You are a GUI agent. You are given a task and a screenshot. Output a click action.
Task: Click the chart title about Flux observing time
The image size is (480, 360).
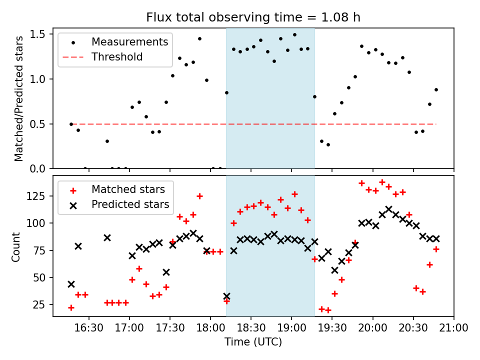point(253,17)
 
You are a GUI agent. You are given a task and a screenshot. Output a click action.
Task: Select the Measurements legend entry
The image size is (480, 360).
point(116,42)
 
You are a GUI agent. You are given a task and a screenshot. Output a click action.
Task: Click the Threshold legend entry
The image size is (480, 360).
point(116,57)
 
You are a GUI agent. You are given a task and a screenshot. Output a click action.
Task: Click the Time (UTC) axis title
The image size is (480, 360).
point(253,342)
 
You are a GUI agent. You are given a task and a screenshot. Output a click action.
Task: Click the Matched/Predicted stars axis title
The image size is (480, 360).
point(18,98)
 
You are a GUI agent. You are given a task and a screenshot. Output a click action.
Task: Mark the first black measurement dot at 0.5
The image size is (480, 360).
point(71,124)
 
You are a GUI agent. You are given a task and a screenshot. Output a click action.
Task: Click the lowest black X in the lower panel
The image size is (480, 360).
point(226,296)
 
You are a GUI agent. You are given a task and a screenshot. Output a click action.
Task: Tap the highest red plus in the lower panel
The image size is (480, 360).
point(382,182)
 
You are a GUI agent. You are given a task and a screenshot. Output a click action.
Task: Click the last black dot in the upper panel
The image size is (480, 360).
point(436,90)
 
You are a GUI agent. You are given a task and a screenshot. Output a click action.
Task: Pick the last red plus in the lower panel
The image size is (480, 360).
point(436,249)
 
